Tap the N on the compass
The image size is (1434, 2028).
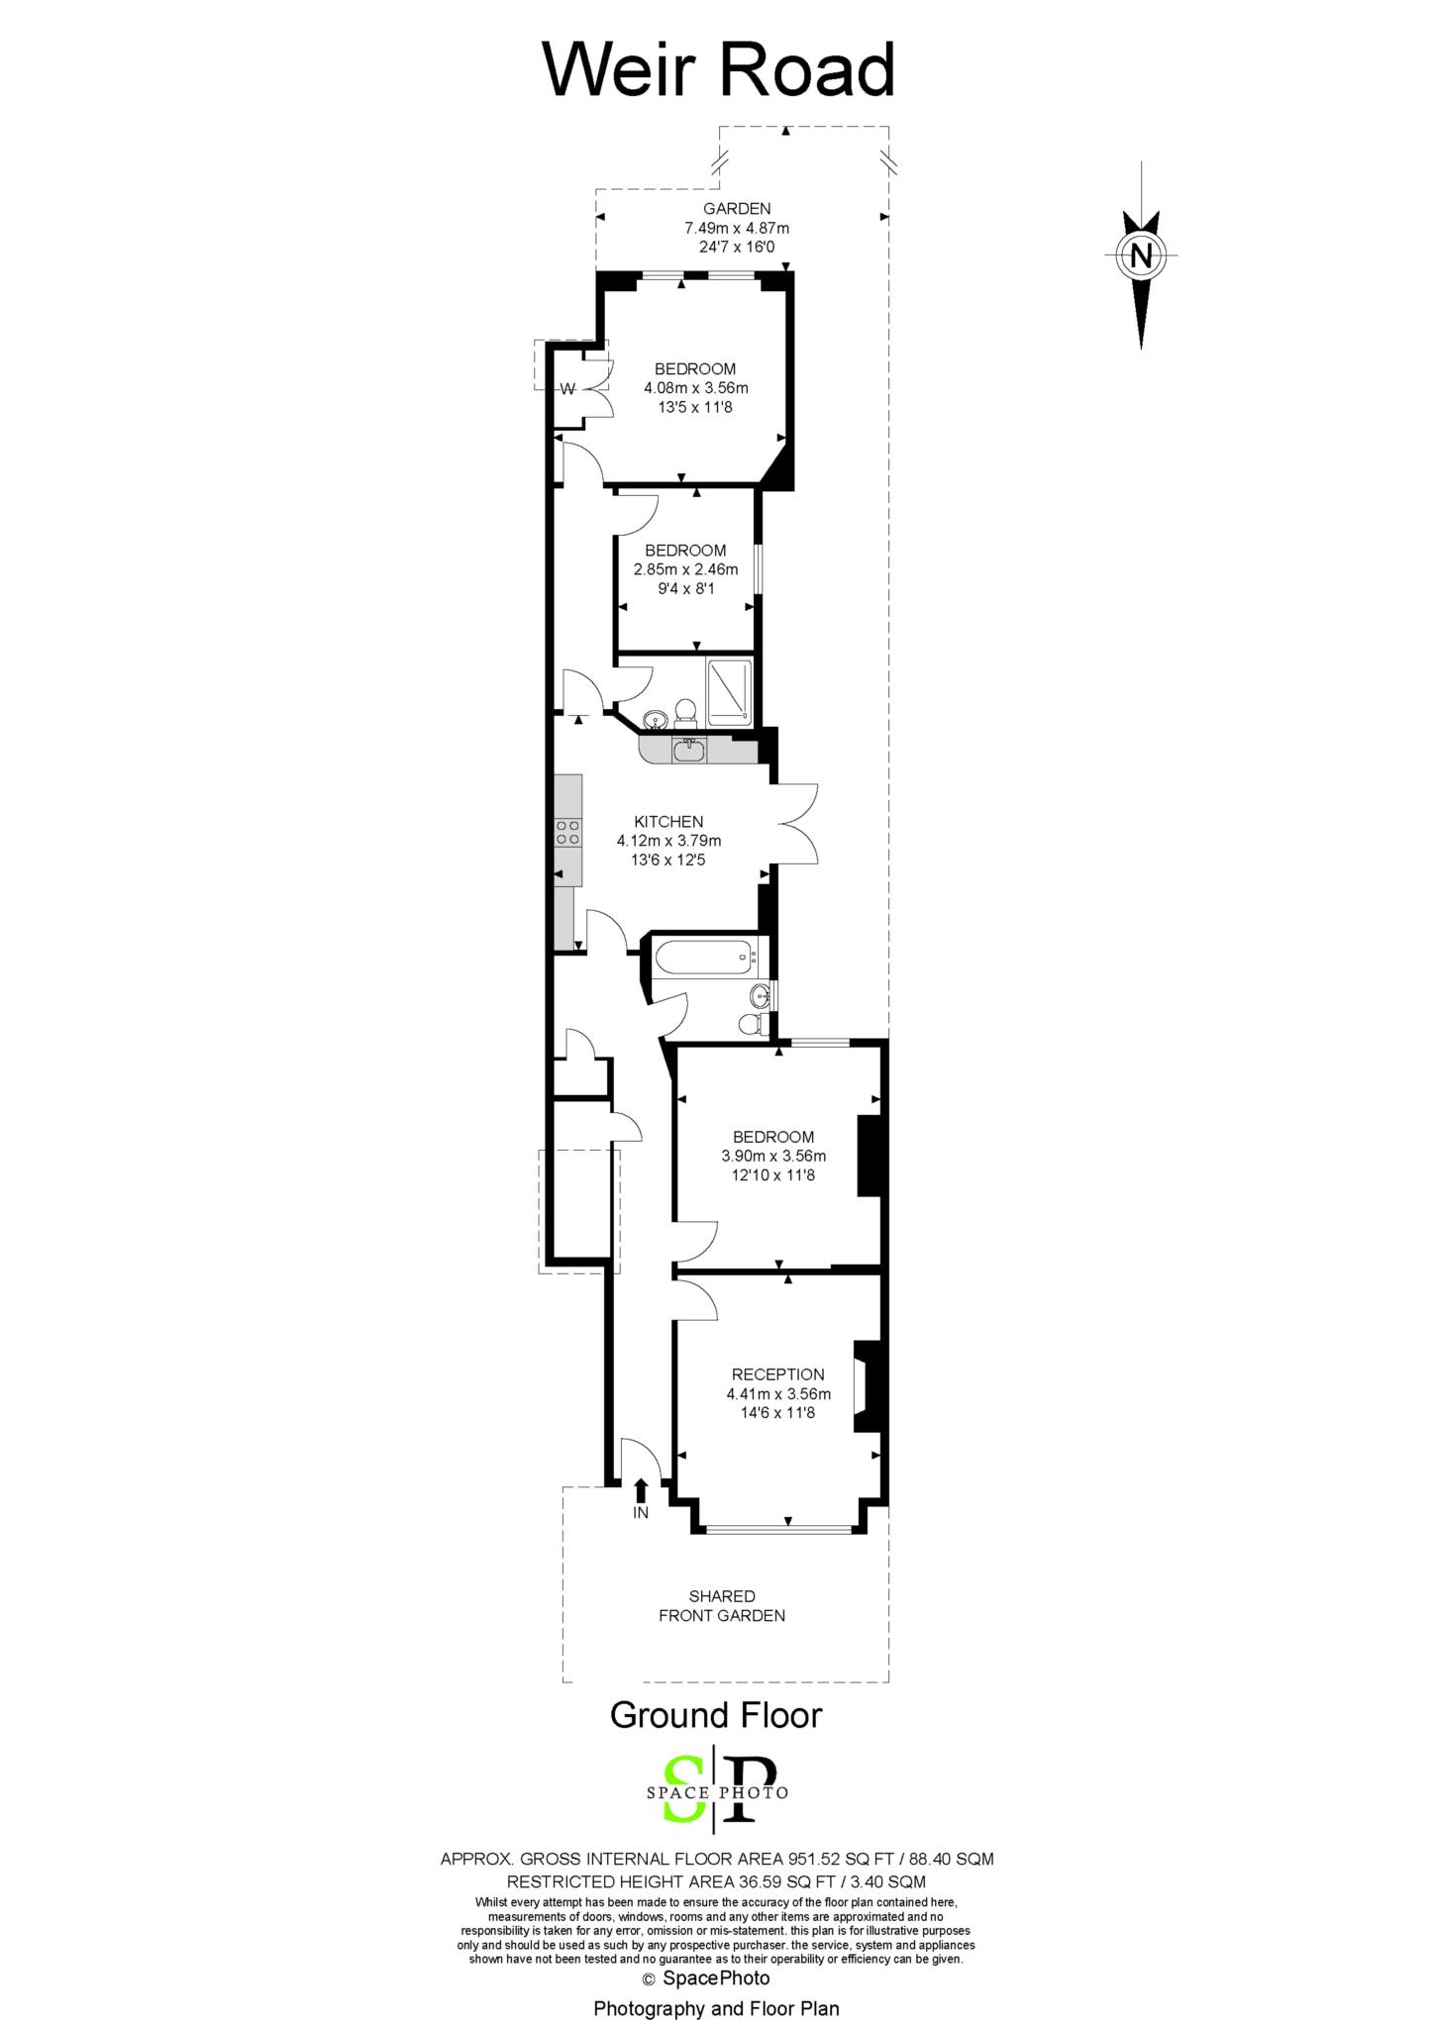click(1141, 256)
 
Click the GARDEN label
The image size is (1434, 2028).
click(737, 209)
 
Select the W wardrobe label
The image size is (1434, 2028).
click(567, 389)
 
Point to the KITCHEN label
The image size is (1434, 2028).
click(668, 821)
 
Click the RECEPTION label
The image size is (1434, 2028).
click(777, 1374)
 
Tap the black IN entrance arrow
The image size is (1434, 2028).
click(641, 1488)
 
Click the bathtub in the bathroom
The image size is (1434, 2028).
click(704, 957)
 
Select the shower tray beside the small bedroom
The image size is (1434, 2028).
click(729, 688)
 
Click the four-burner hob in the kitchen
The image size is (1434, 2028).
click(568, 832)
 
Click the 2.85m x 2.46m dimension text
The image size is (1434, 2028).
click(685, 569)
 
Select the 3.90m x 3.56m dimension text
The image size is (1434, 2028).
click(773, 1156)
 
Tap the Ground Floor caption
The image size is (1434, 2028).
click(715, 1714)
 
